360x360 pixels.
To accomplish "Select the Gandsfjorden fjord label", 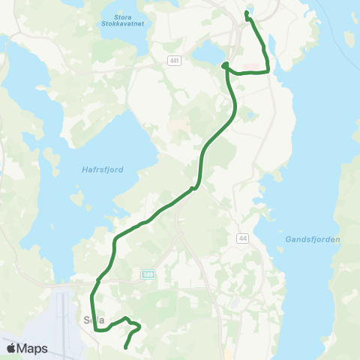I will tap(313, 239).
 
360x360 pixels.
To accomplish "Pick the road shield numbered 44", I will tap(242, 238).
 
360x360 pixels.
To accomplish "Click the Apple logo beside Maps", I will tap(12, 348).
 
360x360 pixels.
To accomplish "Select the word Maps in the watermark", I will tap(33, 348).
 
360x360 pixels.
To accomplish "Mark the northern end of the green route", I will tap(247, 13).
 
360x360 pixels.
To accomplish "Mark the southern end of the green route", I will tap(124, 346).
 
